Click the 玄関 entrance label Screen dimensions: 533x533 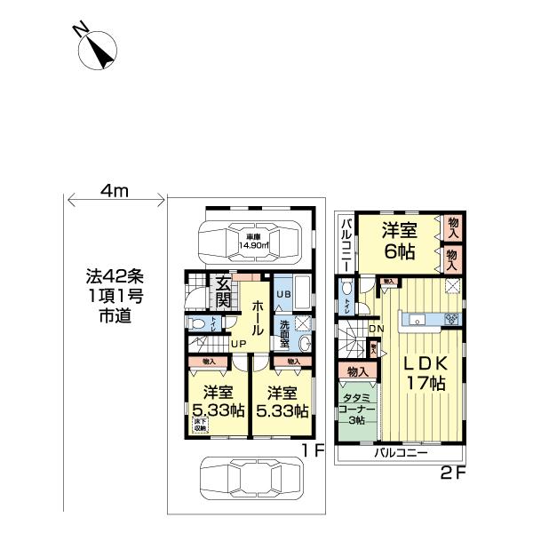224,293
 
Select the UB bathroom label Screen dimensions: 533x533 283,293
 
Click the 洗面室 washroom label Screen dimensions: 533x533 283,330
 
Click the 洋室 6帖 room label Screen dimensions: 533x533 401,240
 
